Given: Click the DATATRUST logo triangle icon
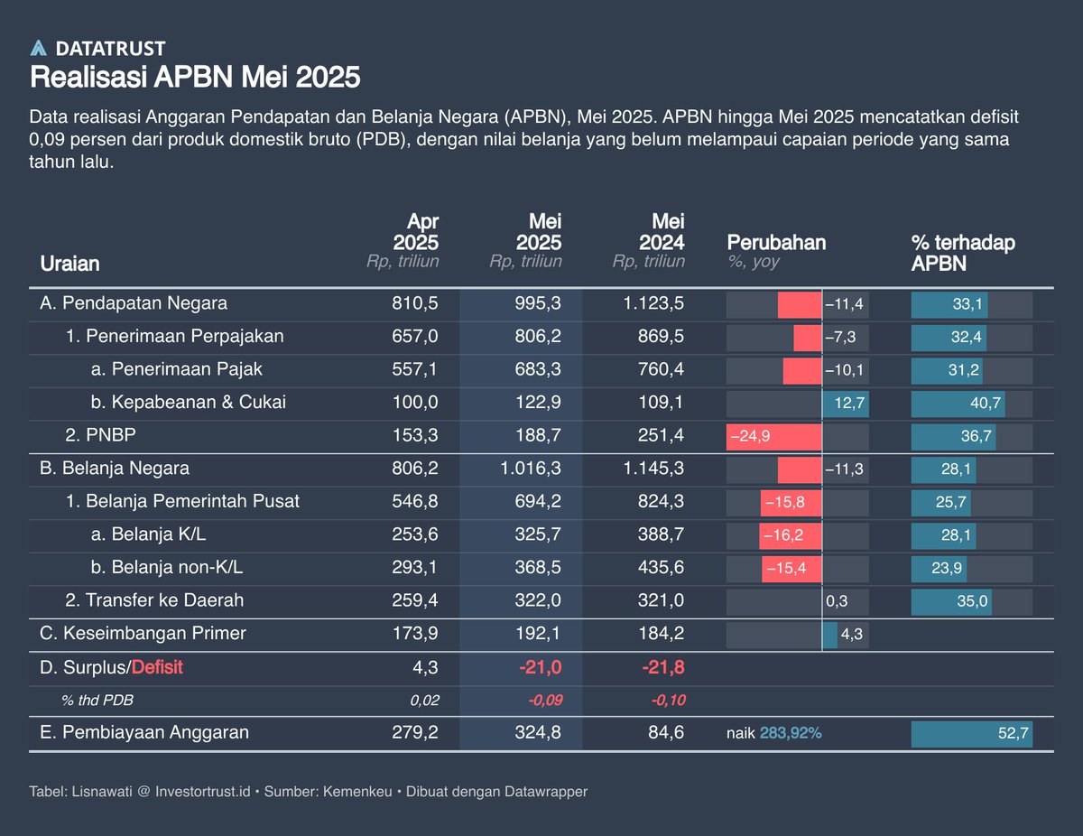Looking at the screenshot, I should tap(38, 49).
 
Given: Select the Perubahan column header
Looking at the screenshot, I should tap(776, 242).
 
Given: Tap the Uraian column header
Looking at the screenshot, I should tap(69, 264).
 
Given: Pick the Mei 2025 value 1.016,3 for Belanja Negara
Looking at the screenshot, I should tap(531, 469).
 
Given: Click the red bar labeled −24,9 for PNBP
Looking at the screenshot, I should tap(773, 436).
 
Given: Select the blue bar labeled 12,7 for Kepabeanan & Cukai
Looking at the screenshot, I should tap(845, 403).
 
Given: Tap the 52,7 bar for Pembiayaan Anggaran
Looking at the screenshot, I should tap(971, 734).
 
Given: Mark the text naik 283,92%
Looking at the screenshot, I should tap(773, 734).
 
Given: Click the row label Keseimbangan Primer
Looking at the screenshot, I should tap(143, 634).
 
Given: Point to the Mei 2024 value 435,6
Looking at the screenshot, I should tap(659, 568).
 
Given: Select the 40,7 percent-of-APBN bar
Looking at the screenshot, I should tap(958, 403).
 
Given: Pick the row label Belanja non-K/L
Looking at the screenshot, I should tap(167, 568).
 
